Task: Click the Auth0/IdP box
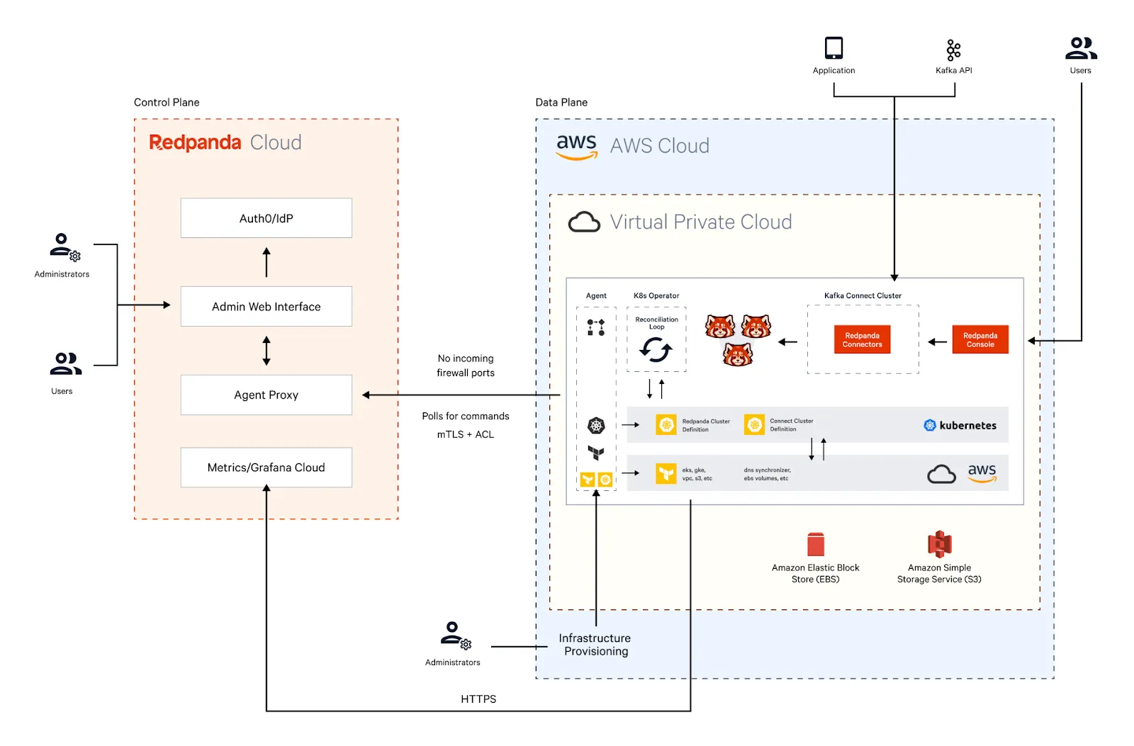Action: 266,218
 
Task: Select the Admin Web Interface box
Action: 266,306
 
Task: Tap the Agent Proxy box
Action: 266,395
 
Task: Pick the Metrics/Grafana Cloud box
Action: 266,468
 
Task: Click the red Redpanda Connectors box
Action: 862,340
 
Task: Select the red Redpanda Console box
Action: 979,340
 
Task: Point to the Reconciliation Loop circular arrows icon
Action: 656,349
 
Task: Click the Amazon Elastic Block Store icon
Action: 815,545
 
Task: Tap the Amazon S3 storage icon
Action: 939,545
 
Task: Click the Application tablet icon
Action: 833,48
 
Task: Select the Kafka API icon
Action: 953,50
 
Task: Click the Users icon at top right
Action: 1080,48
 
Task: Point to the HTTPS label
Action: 478,699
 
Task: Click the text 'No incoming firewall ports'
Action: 466,366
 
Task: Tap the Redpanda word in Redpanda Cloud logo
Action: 195,142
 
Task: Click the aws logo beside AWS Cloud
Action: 576,146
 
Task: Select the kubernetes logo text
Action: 967,425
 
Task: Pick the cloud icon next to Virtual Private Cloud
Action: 584,222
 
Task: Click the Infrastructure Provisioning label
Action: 595,645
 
